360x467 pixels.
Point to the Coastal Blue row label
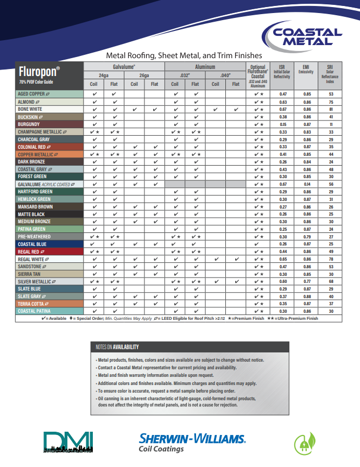tap(33, 244)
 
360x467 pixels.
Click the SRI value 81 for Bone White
tap(331, 109)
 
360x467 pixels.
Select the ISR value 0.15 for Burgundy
tap(283, 124)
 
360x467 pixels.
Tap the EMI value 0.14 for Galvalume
tap(307, 184)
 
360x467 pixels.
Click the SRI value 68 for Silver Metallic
tap(331, 281)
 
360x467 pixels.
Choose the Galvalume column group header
tap(124, 66)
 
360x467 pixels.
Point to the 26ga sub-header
tap(144, 75)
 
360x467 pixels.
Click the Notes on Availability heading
tap(117, 347)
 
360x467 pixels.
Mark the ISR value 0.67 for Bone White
tap(283, 109)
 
